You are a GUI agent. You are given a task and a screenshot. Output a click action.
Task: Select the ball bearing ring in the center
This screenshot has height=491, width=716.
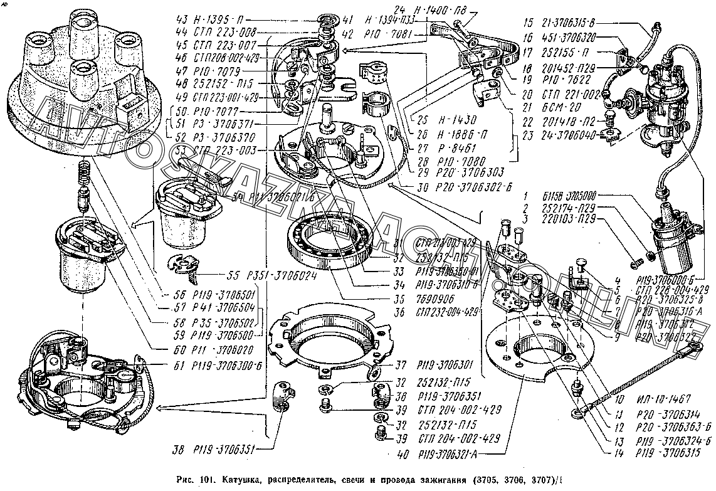(x=331, y=242)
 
